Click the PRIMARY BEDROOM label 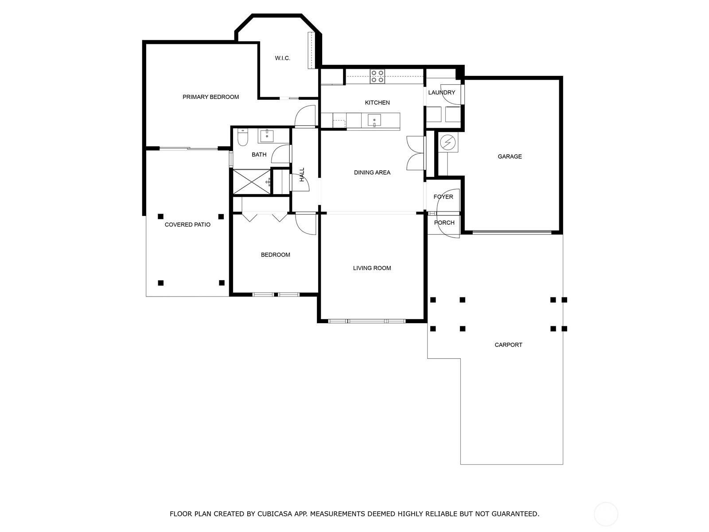coord(210,97)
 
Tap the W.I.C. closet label coord(283,58)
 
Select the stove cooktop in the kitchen coord(377,77)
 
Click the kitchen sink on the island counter coord(374,120)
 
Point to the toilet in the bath coord(242,137)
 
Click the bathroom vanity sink coord(267,136)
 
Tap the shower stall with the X coord(252,182)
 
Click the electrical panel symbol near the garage coord(448,142)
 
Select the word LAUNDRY coord(441,93)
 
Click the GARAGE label coord(510,156)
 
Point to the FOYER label coord(443,197)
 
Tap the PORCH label coord(444,223)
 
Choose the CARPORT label coord(508,345)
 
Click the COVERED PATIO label coord(187,225)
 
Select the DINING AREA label coord(372,172)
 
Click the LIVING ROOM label coord(372,268)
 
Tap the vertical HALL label coord(302,174)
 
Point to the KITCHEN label coord(377,103)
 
